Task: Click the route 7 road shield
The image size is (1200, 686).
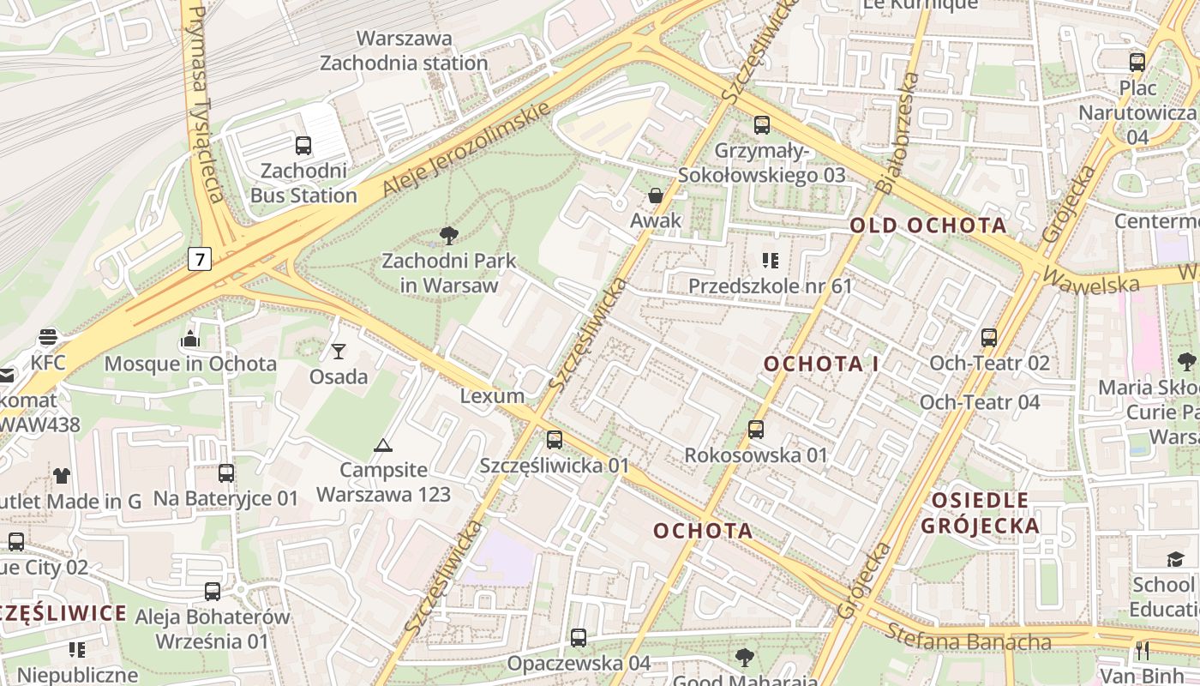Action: pyautogui.click(x=200, y=258)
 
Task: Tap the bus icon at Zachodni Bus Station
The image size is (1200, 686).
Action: pyautogui.click(x=303, y=145)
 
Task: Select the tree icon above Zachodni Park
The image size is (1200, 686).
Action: pyautogui.click(x=447, y=235)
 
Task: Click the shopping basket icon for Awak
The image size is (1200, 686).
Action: pyautogui.click(x=656, y=196)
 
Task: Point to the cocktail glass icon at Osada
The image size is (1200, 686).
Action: pyautogui.click(x=339, y=351)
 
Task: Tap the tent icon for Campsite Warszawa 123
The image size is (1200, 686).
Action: pyautogui.click(x=382, y=444)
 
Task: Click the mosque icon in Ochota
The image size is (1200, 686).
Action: pyautogui.click(x=190, y=339)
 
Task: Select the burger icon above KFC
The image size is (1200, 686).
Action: pyautogui.click(x=47, y=337)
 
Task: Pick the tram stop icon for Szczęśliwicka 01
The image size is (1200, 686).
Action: pyautogui.click(x=555, y=440)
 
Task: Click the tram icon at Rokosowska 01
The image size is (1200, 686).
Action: pyautogui.click(x=755, y=430)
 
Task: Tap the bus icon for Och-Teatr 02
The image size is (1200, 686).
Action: pyautogui.click(x=989, y=337)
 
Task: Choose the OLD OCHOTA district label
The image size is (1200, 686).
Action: pyautogui.click(x=928, y=226)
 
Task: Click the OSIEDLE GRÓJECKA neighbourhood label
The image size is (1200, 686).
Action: pyautogui.click(x=980, y=513)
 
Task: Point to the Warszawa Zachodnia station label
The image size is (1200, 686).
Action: pyautogui.click(x=404, y=51)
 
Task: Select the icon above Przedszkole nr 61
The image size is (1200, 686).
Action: pyautogui.click(x=770, y=260)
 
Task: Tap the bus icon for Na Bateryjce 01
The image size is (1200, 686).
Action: pyautogui.click(x=226, y=472)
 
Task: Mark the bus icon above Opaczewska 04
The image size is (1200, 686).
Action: pyautogui.click(x=579, y=637)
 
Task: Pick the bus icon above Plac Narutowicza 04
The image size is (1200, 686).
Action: pyautogui.click(x=1137, y=62)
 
